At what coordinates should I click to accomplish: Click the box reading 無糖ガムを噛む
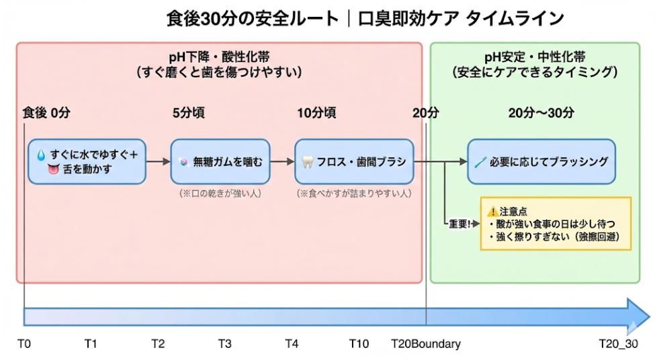point(220,162)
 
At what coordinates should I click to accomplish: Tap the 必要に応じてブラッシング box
point(541,162)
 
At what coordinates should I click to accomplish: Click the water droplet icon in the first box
point(42,155)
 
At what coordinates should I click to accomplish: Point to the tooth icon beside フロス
point(308,163)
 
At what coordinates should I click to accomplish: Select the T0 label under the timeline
point(24,344)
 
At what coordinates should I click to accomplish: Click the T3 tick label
point(225,344)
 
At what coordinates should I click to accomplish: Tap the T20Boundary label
point(426,344)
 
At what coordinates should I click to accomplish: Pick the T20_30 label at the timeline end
point(619,344)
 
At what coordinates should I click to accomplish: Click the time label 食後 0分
point(46,113)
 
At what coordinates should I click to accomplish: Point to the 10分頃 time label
point(316,113)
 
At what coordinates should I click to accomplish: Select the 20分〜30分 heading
point(541,113)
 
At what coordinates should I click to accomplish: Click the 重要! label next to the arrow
point(460,224)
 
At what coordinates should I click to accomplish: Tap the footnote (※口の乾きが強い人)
point(220,193)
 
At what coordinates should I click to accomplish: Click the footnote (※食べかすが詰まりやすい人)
point(353,193)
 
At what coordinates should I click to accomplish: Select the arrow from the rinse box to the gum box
point(158,162)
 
